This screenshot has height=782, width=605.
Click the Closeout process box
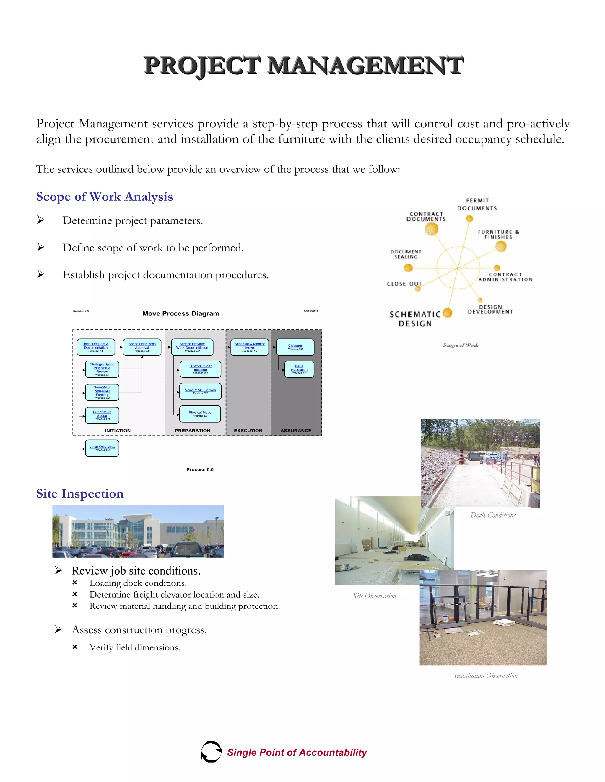(x=295, y=347)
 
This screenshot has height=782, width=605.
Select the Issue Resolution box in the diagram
(x=299, y=369)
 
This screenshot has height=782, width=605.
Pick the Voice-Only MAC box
(x=102, y=448)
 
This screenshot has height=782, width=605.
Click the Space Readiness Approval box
(x=142, y=347)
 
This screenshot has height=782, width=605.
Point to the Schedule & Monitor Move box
(x=249, y=347)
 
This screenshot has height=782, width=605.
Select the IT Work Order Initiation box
(x=200, y=369)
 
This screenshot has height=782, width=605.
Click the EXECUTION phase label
(x=248, y=430)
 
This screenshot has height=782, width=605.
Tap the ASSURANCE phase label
(x=296, y=430)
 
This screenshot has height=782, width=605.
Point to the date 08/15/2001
(x=311, y=311)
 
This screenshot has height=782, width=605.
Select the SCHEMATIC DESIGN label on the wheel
(x=415, y=319)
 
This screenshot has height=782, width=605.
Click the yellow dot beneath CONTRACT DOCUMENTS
(x=432, y=229)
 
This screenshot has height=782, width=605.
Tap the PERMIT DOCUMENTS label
(x=477, y=204)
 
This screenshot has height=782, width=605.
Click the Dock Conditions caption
(x=493, y=515)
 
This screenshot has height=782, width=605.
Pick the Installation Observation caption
(x=486, y=676)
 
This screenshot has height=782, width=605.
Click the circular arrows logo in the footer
(x=211, y=752)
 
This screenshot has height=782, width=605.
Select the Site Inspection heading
(x=80, y=493)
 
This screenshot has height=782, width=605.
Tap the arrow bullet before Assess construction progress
(x=59, y=629)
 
